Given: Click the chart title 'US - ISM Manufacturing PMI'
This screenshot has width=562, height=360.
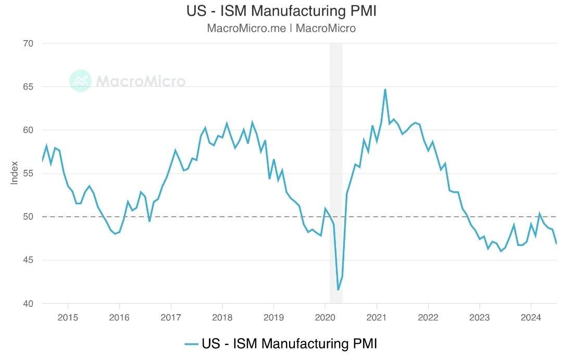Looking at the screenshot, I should [281, 11].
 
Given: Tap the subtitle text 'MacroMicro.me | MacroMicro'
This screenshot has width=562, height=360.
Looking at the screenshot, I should [281, 28].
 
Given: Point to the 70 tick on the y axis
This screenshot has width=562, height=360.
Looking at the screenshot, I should [28, 43].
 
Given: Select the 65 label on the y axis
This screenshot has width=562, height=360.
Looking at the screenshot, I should [28, 86].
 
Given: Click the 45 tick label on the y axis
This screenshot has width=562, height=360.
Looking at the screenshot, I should [28, 260].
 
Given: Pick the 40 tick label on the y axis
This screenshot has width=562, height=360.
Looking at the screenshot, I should [28, 303].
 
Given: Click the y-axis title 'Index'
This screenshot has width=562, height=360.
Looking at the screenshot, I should [15, 172].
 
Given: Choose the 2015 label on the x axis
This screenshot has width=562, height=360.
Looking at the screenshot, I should [68, 317].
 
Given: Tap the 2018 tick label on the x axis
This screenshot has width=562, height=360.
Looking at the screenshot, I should [222, 317].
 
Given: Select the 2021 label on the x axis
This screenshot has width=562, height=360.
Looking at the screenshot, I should [376, 317].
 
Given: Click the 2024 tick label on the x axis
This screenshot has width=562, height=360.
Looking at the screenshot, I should [530, 317].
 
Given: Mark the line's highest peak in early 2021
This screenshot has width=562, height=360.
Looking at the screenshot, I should [385, 90].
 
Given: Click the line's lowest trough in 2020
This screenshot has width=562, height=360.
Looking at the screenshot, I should [338, 290].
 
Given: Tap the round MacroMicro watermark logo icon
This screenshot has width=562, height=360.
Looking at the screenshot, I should [80, 81].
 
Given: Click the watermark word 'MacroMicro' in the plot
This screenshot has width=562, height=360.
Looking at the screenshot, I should [140, 81].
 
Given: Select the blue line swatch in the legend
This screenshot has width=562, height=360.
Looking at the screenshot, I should [192, 344].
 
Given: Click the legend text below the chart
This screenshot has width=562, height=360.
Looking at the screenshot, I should [289, 344].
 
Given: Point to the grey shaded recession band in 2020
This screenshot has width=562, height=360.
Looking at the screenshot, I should [336, 156].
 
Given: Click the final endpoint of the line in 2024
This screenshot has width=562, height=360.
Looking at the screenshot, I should [556, 243].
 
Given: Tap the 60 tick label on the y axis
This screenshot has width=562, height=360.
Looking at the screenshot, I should [28, 130].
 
